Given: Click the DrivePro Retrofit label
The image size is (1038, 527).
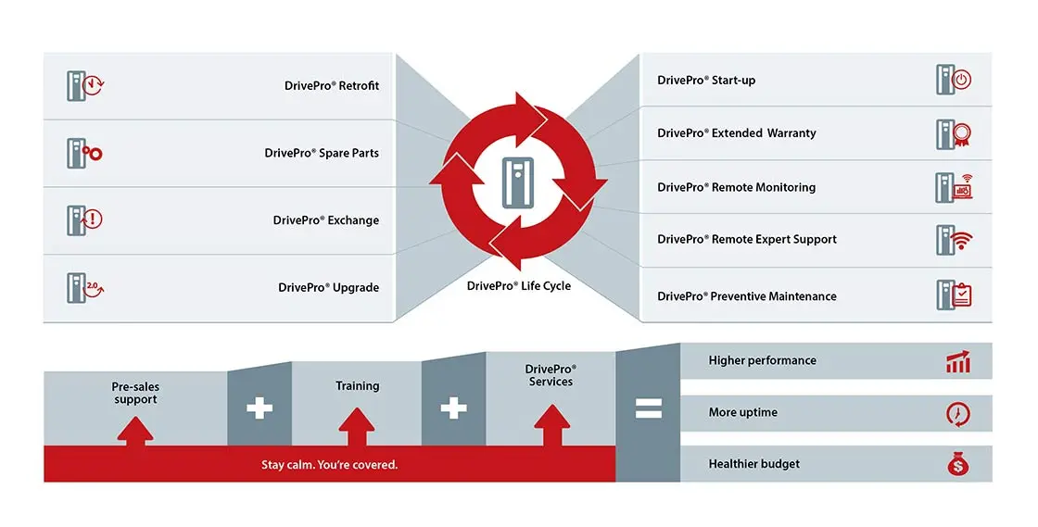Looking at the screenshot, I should pos(332,86).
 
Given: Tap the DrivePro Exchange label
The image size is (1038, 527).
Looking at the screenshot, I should pos(325,220).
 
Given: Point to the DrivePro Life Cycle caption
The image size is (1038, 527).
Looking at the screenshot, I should pos(519,286).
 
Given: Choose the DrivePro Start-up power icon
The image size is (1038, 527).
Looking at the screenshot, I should pos(953,80).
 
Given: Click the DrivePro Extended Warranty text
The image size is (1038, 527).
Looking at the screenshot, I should pos(737,133).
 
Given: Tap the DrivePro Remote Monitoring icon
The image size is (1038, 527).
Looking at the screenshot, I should pos(953,187).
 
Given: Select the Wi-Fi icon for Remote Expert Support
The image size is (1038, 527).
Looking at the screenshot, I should pos(953,240).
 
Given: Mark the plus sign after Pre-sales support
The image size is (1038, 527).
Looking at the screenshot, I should pos(259,408).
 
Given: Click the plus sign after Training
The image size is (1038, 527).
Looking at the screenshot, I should pos(453,408).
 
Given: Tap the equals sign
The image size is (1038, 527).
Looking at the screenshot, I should pos(648,408).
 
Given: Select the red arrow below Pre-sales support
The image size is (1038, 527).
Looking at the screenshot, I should pos(135,429).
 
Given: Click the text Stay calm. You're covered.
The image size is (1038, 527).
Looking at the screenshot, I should pos(329,465).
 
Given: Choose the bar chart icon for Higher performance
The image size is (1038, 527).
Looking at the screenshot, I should pos(957,361).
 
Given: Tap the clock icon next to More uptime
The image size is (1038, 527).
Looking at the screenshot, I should pos(957,413).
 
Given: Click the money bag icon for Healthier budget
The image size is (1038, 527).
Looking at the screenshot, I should pos(957,465).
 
